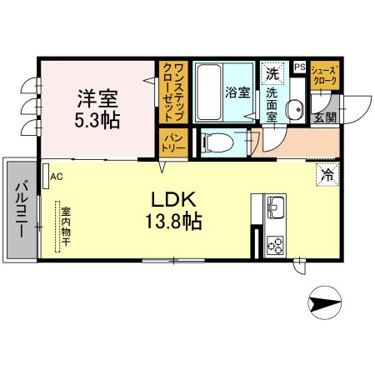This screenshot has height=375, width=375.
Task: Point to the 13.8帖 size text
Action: pos(173,222)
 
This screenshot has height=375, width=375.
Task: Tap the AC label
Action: pos(57,177)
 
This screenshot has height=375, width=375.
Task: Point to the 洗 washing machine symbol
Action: pos(272,73)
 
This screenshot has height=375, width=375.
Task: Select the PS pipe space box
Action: pos(299,66)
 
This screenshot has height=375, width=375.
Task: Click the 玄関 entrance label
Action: pos(325,117)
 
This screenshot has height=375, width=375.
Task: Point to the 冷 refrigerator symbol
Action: pos(327,175)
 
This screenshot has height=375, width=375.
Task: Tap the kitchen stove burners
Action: pos(274,243)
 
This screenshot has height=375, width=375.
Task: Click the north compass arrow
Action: pos(326,302)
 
